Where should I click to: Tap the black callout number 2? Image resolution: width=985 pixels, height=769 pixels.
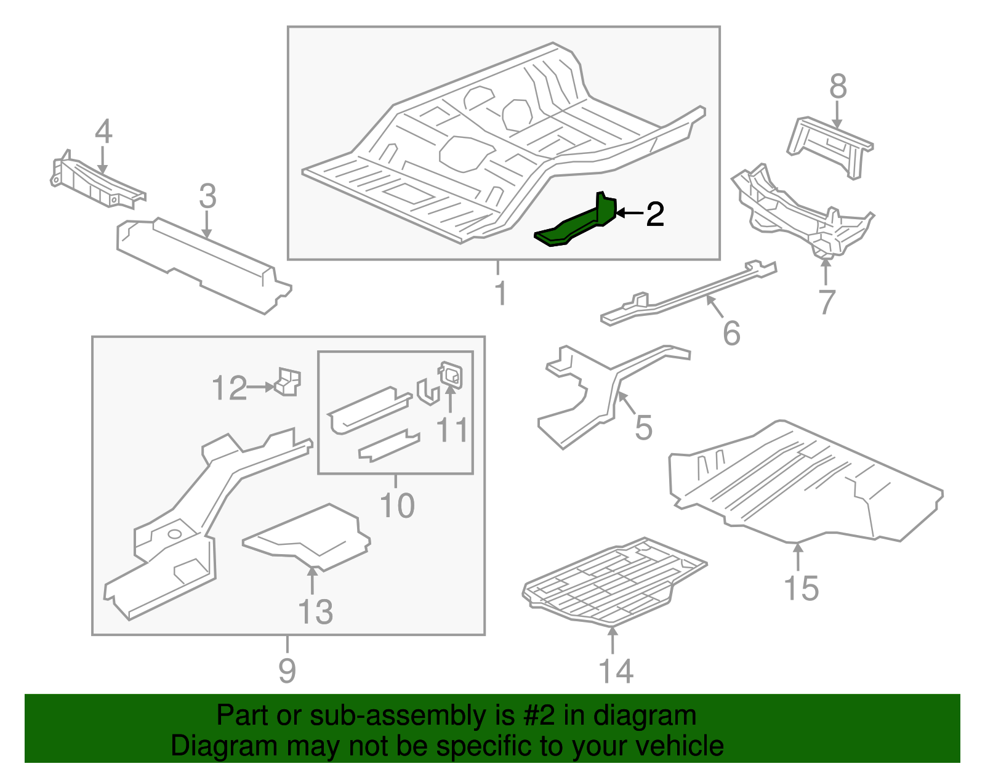(654, 214)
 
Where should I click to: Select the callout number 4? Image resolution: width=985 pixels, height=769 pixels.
(103, 132)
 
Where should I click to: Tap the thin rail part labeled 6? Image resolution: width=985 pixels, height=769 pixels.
(689, 292)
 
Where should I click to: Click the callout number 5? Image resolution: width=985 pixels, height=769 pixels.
(643, 427)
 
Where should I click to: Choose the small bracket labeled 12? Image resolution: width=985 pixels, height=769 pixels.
(287, 382)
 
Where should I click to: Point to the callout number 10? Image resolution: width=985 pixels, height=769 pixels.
(397, 505)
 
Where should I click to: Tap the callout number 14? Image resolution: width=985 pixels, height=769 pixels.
(616, 670)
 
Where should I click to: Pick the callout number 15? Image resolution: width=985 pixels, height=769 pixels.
(801, 588)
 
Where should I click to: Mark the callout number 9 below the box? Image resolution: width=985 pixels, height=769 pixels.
(287, 670)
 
